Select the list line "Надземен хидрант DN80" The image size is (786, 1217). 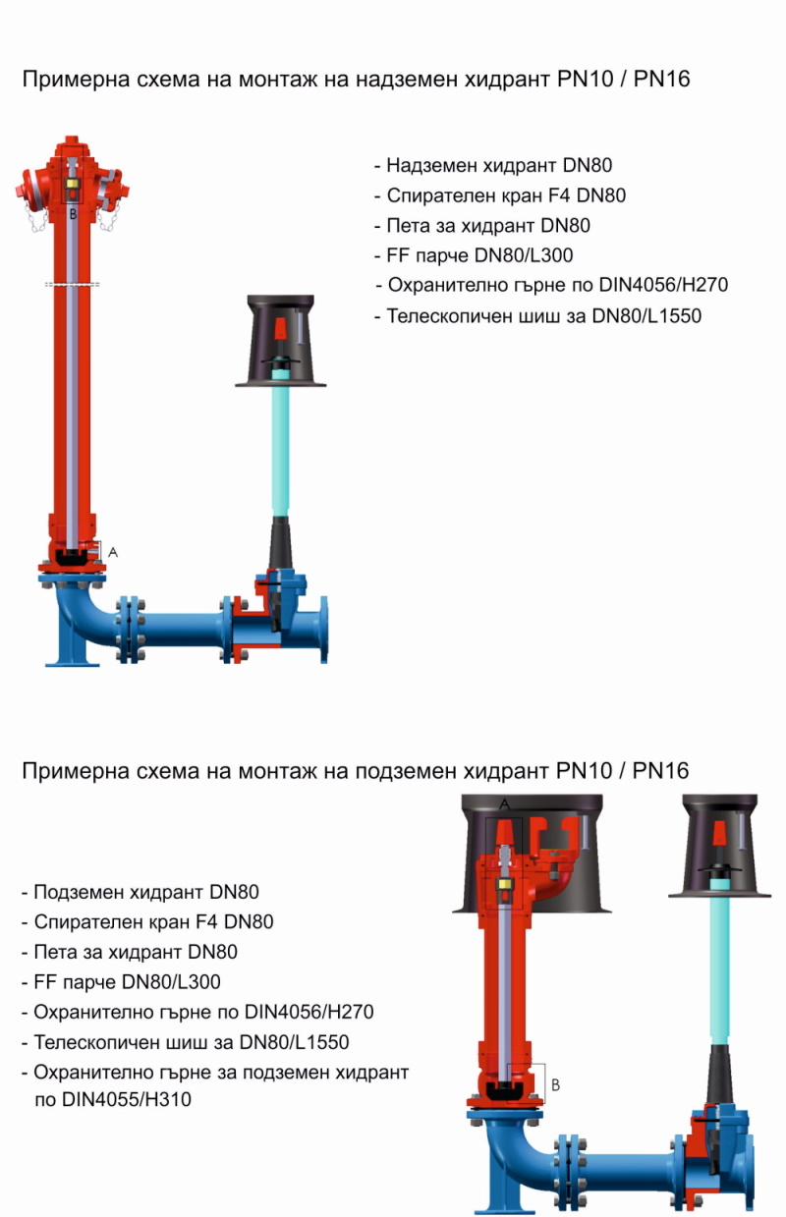coord(498,166)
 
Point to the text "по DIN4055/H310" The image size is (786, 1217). coord(112,1100)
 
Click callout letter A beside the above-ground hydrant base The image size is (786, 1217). coord(113,553)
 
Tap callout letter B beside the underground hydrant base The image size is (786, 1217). coord(555,1085)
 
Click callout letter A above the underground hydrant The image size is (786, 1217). coord(505,803)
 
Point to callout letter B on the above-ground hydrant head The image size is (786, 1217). coord(71,212)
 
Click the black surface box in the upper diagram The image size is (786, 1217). coord(280,339)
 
